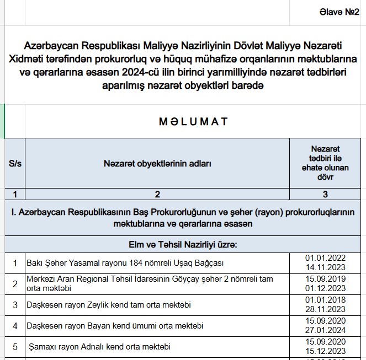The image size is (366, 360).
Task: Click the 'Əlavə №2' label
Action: click(339, 12)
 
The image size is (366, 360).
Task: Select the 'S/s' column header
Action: click(14, 164)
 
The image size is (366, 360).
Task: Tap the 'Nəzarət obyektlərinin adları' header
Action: click(157, 164)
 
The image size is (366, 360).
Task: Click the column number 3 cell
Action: click(325, 194)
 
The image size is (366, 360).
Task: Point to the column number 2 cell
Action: click(157, 194)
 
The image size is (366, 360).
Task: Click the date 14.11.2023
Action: click(325, 267)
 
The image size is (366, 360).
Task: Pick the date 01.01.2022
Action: click(325, 258)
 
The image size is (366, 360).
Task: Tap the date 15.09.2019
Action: click(325, 279)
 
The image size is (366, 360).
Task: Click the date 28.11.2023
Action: click(325, 309)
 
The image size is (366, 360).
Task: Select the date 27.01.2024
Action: click(325, 330)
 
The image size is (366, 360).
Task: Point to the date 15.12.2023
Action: click(325, 351)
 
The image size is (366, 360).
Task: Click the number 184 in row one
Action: click(119, 263)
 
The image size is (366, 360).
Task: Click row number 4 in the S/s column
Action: click(15, 325)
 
